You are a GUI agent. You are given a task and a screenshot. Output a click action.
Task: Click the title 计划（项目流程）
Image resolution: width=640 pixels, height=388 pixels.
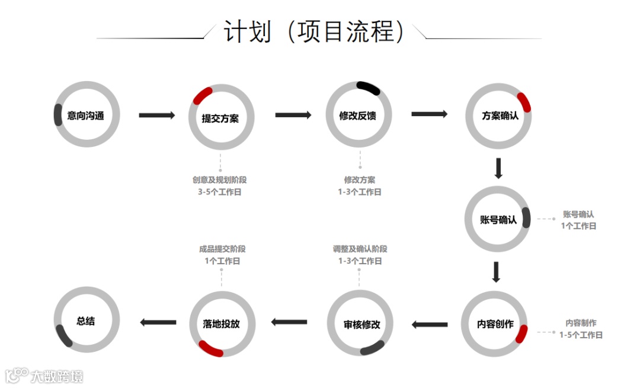coord(314,31)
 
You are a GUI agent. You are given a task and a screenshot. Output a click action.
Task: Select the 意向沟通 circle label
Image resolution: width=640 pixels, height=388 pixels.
coord(85,116)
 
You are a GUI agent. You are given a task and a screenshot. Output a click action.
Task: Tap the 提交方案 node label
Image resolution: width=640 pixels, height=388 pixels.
coord(220,118)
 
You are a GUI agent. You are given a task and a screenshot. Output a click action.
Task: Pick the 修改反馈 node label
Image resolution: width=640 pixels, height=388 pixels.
coord(357,116)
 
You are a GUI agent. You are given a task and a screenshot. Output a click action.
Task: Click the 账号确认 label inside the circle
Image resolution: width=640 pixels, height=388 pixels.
coord(498,220)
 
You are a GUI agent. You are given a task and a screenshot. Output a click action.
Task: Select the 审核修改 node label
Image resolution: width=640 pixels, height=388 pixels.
coord(361,325)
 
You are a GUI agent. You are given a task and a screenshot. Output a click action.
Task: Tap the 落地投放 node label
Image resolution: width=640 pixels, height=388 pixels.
coord(221,325)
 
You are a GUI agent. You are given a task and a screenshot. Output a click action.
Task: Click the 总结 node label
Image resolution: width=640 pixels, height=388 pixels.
coord(85,321)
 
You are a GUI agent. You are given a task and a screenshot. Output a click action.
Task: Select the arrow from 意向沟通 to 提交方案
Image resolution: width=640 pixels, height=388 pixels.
coord(157,115)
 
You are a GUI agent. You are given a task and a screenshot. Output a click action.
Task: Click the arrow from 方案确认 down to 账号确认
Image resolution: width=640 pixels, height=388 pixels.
coord(498,168)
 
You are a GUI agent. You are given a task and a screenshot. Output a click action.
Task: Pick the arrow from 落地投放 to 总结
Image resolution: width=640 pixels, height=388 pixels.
coord(158,322)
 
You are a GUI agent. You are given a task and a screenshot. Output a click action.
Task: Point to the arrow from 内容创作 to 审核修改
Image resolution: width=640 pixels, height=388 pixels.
coord(430,324)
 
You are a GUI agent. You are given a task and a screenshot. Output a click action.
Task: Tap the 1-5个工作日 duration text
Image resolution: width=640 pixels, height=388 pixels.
coord(581,335)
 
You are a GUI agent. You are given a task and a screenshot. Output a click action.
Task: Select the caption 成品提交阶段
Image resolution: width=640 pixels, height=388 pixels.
coord(222,249)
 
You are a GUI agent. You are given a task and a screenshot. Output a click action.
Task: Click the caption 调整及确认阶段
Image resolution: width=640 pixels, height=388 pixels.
coord(360,249)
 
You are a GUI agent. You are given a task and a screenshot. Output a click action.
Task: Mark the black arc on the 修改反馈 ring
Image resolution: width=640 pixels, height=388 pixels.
coord(368,88)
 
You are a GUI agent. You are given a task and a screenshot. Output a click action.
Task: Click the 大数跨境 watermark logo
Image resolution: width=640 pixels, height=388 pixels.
coord(44,376)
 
